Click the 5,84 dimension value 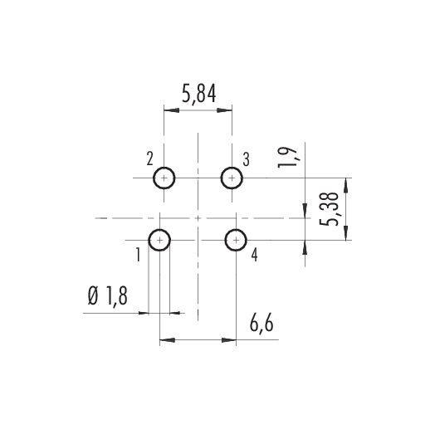click(199, 94)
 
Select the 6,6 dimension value click(261, 324)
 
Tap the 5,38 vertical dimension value click(330, 209)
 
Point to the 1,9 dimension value click(287, 157)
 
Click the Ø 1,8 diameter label click(108, 296)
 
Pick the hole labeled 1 click(159, 240)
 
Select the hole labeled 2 click(164, 178)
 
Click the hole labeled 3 click(232, 178)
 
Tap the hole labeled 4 click(236, 240)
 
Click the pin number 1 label click(138, 255)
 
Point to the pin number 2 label click(149, 158)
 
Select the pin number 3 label click(246, 159)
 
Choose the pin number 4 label click(254, 255)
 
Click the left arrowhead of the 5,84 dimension click(172, 110)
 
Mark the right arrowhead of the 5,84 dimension click(224, 110)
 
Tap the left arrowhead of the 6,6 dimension click(168, 340)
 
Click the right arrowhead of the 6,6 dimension click(228, 340)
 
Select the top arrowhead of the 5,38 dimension click(345, 186)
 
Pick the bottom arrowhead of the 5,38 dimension click(345, 232)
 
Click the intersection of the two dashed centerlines click(198, 218)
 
